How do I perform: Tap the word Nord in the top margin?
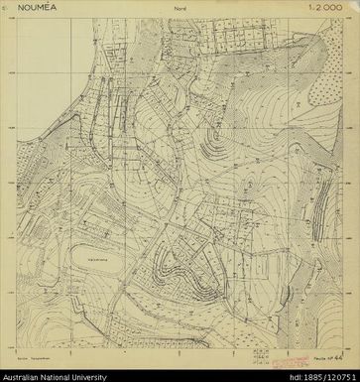coord(180,13)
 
